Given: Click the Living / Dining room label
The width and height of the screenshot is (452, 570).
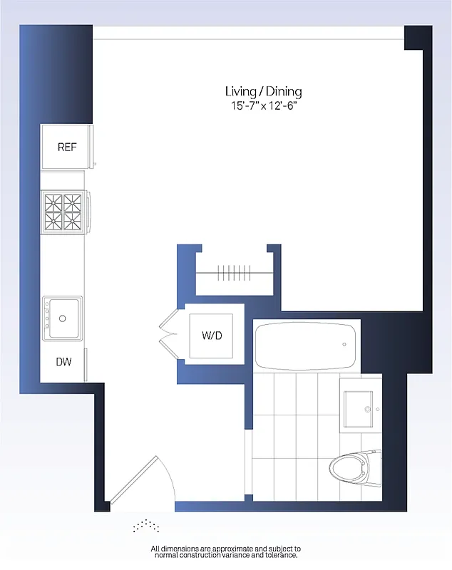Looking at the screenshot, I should click(263, 91).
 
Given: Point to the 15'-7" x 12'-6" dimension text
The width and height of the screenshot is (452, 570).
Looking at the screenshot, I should click(263, 106).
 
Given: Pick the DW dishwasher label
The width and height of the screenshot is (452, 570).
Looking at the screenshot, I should click(64, 362).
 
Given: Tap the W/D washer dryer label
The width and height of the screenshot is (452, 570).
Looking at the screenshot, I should click(212, 335).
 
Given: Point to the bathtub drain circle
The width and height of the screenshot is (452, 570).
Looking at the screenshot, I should click(344, 345).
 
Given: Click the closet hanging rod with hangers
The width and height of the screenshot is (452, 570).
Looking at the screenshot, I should click(235, 272).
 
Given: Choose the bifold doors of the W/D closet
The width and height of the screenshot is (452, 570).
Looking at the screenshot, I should click(171, 333).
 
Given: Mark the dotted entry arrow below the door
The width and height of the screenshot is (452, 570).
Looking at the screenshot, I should click(146, 525).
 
